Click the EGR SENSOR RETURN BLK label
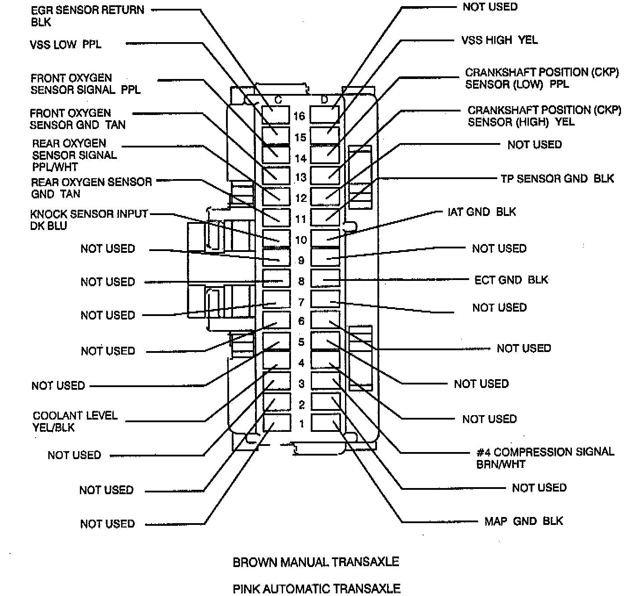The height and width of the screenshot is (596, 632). pos(87,15)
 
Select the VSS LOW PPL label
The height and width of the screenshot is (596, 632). pos(65,44)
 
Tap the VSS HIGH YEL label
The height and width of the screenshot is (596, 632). pos(499,40)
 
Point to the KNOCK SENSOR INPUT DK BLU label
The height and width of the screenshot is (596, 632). pos(89,220)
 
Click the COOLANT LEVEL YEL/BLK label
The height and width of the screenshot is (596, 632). pos(75,421)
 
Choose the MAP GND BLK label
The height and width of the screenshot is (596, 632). pos(524,521)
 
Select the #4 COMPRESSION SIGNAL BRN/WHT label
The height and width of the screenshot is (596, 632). pos(545,458)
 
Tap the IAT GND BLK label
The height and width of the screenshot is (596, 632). pos(481,212)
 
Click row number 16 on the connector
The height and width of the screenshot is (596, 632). pos(299,116)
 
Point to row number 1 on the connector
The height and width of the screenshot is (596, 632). pos(302,424)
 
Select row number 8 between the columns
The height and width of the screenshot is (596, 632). pos(301,281)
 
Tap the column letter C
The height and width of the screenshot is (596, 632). pos(278,100)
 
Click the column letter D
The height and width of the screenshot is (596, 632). pos(324,100)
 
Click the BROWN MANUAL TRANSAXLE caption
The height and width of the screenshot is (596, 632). pos(316,562)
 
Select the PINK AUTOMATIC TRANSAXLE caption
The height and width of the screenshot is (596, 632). pos(316,588)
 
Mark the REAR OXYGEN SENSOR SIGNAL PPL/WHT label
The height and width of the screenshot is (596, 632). pos(75,155)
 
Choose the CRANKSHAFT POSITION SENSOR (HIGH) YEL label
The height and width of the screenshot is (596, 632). pos(544,116)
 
